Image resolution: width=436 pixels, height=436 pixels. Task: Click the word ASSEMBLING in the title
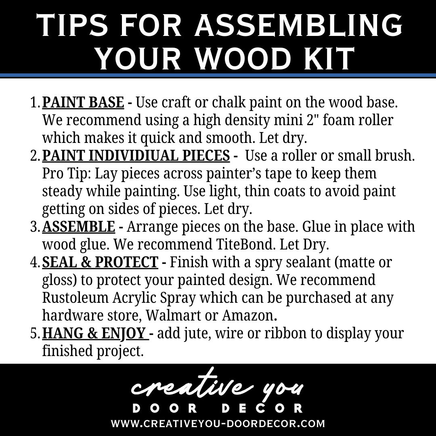pos(298,25)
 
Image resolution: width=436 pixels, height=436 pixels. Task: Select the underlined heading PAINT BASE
pos(83,102)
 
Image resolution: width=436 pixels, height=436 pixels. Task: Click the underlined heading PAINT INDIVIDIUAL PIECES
pos(136,155)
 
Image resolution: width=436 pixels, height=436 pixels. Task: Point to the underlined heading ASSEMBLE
pos(78,226)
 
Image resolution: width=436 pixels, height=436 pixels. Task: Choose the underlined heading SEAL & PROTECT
pos(100,262)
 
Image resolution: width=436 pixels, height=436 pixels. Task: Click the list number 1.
pos(35,103)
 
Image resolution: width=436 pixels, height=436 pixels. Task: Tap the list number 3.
pos(35,226)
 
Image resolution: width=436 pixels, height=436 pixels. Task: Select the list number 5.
pos(35,333)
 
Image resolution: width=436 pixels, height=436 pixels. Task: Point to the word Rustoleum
pos(75,298)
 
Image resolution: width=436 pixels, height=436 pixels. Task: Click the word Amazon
pos(249,315)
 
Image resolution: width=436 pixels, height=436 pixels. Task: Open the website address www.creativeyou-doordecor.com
pos(218,423)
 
